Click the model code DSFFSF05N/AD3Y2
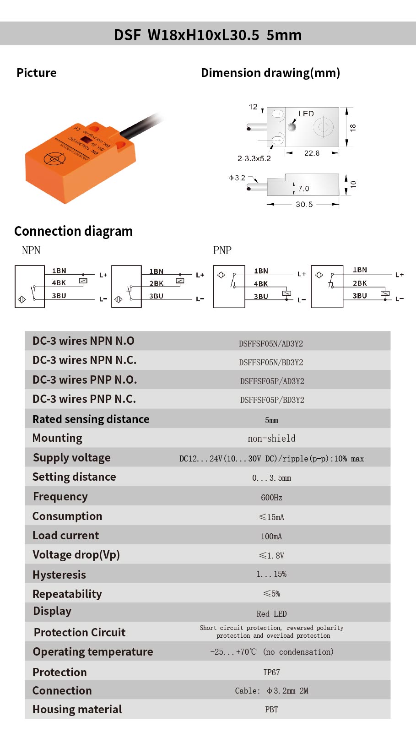pos(271,344)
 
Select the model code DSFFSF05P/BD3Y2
pos(272,400)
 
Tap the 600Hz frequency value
pos(271,498)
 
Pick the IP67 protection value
pos(271,672)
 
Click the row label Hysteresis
pos(59,575)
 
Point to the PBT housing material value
pos(271,709)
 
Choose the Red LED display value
pos(271,613)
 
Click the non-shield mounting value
pos(271,438)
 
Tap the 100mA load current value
pos(271,536)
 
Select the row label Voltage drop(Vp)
pos(76,555)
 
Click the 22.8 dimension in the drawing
pos(312,153)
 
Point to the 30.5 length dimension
pos(304,204)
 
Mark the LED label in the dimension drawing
pos(306,114)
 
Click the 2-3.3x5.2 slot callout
pos(254,158)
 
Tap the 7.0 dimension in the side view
pos(303,189)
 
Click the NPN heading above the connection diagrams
pos(31,250)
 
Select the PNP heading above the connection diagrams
pos(222,250)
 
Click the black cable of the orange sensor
pos(142,125)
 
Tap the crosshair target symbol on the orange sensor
pos(54,158)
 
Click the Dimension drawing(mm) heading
pos(270,73)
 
